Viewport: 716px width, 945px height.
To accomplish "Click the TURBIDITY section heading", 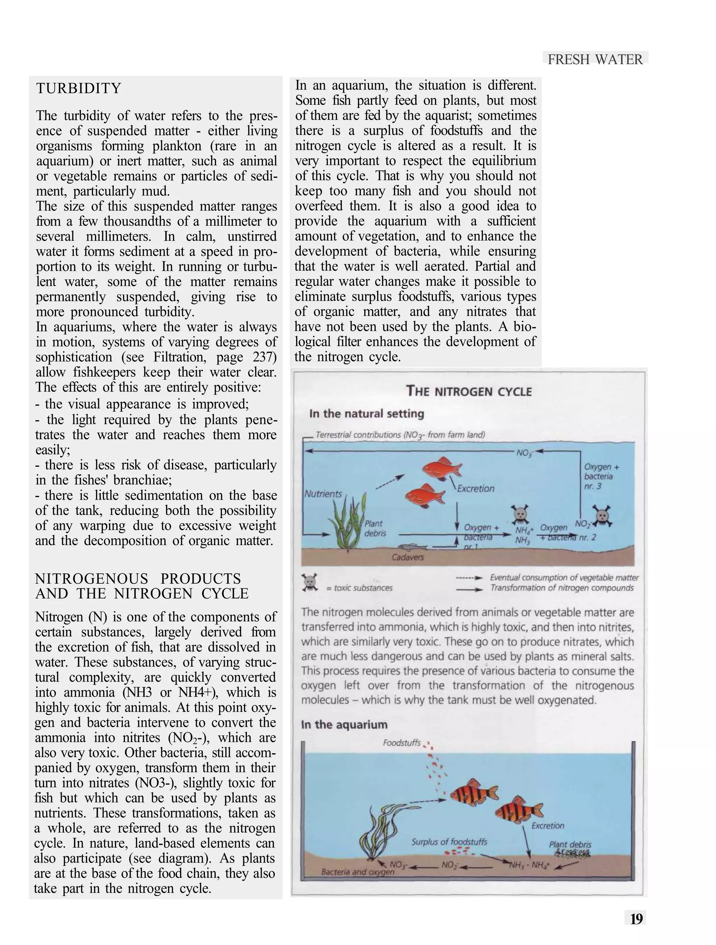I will [79, 88].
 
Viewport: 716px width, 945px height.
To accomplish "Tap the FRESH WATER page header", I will [595, 59].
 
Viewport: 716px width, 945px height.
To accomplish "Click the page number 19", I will [636, 918].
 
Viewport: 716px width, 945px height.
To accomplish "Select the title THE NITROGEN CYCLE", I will [469, 391].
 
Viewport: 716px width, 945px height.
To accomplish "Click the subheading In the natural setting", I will [366, 414].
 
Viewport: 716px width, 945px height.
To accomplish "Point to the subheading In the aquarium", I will [344, 725].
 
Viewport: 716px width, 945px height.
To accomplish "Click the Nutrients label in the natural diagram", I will [323, 494].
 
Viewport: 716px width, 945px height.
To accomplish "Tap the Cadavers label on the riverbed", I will [408, 557].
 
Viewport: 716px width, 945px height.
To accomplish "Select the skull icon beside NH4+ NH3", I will [520, 514].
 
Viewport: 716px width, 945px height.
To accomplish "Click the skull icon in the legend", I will [310, 583].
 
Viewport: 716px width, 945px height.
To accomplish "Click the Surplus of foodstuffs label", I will [449, 842].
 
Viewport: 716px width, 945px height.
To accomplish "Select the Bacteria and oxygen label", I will [357, 872].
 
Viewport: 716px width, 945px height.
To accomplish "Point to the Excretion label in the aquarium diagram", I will [547, 826].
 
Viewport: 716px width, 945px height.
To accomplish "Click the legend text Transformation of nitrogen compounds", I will [562, 588].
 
